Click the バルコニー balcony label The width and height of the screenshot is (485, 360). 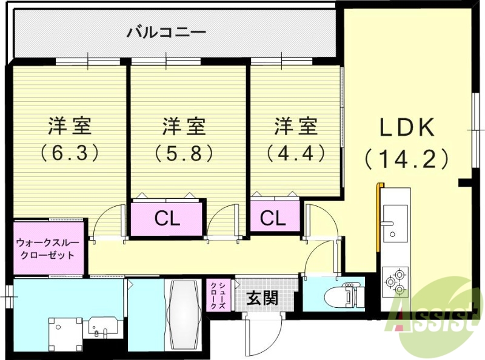click(166, 32)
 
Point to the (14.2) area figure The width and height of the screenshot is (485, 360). click(407, 159)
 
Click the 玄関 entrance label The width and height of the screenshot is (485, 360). click(262, 298)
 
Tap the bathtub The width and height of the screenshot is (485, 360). click(184, 313)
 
